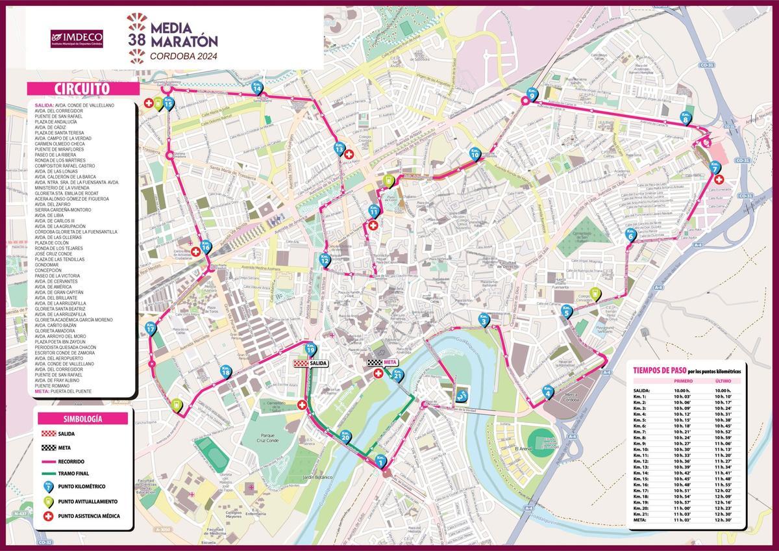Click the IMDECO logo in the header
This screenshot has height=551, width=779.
(77, 38)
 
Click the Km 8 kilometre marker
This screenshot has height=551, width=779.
(685, 118)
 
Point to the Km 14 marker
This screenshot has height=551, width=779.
(257, 89)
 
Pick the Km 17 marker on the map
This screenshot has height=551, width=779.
(151, 328)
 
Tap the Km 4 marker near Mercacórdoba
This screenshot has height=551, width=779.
(547, 391)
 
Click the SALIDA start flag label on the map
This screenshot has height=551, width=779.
(310, 363)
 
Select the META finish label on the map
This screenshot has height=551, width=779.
(383, 363)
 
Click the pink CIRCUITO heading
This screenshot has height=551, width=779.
(82, 89)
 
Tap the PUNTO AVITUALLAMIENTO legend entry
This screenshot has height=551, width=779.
(88, 501)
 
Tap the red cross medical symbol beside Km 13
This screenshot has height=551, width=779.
(349, 155)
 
